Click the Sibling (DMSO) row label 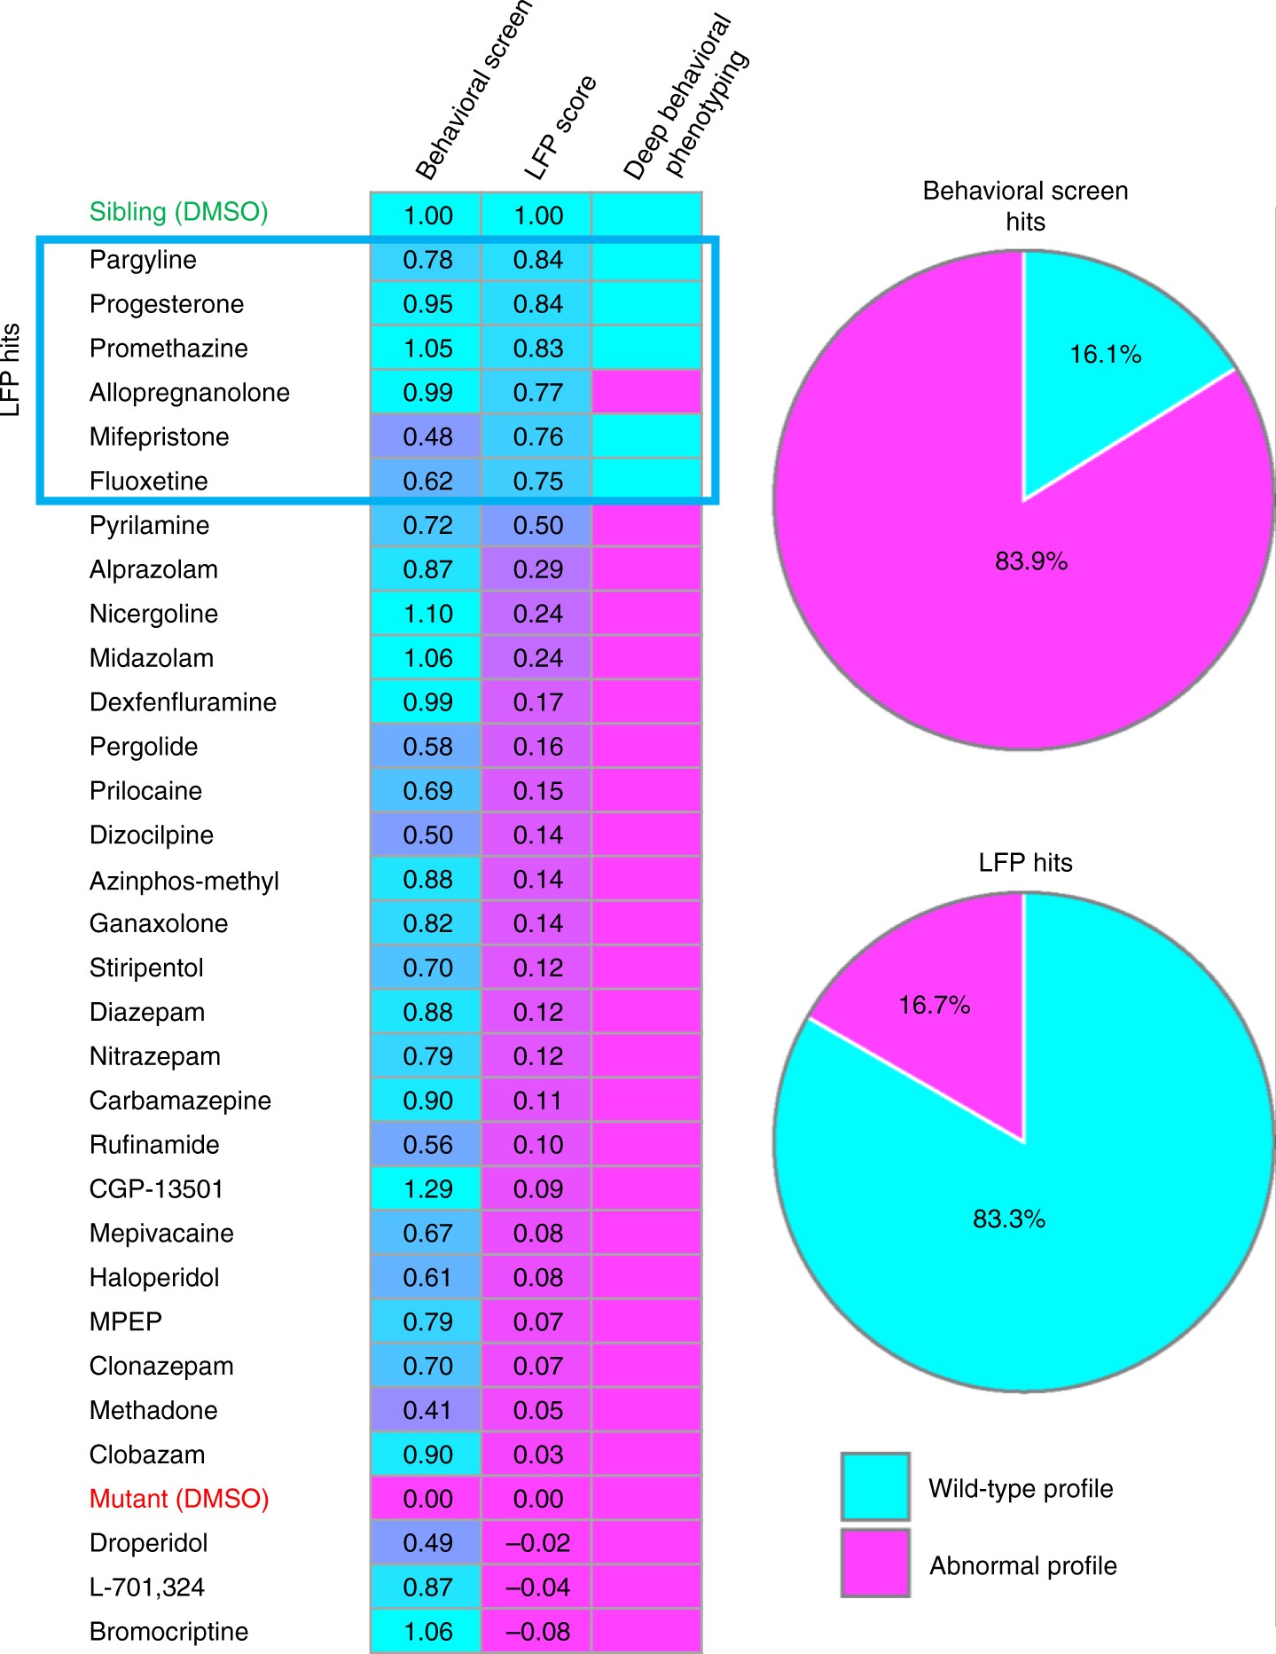[178, 212]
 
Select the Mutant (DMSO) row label [179, 1499]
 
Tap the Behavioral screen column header [473, 89]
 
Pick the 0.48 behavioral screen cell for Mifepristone [427, 437]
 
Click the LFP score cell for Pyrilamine [537, 526]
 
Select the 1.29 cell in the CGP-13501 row [427, 1189]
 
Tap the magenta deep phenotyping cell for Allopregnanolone [646, 392]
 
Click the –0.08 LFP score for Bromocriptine [537, 1632]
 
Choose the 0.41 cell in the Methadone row [427, 1410]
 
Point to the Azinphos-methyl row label [184, 881]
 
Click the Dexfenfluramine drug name [183, 702]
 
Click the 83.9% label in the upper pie [1030, 561]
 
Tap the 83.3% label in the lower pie [1009, 1219]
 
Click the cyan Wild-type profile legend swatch [875, 1485]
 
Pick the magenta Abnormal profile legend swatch [875, 1563]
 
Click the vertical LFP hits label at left [10, 370]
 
